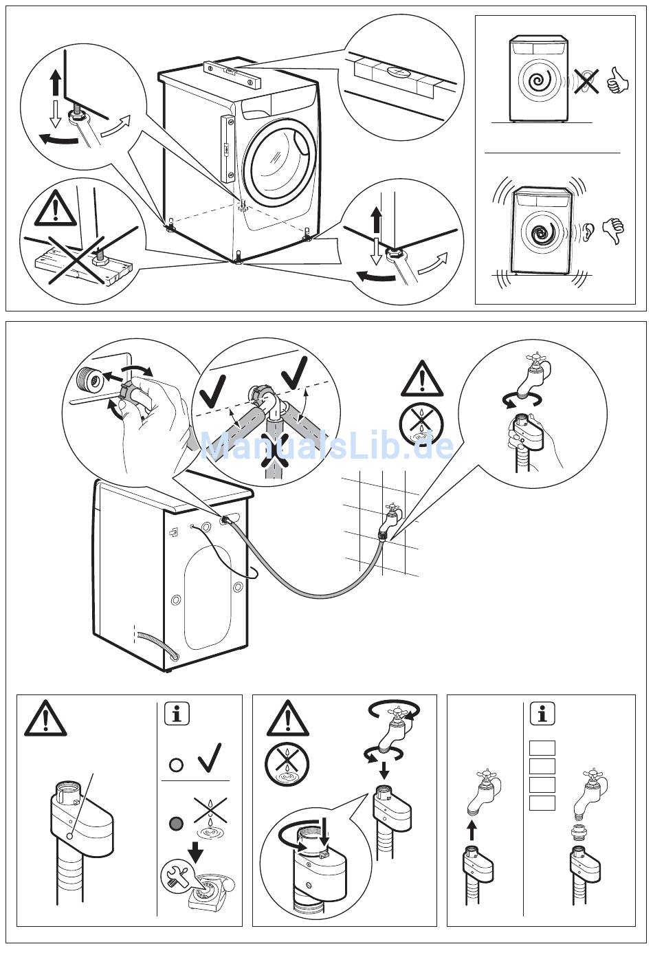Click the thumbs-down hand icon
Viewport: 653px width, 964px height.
point(612,230)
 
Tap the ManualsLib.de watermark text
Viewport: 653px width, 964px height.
point(327,446)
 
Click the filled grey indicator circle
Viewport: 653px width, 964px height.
point(177,822)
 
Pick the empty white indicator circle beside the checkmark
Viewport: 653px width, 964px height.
point(177,764)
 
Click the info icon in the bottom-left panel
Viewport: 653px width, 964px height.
point(177,714)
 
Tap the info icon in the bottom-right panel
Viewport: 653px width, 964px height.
point(542,714)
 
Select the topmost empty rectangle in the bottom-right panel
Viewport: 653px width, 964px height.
point(542,748)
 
